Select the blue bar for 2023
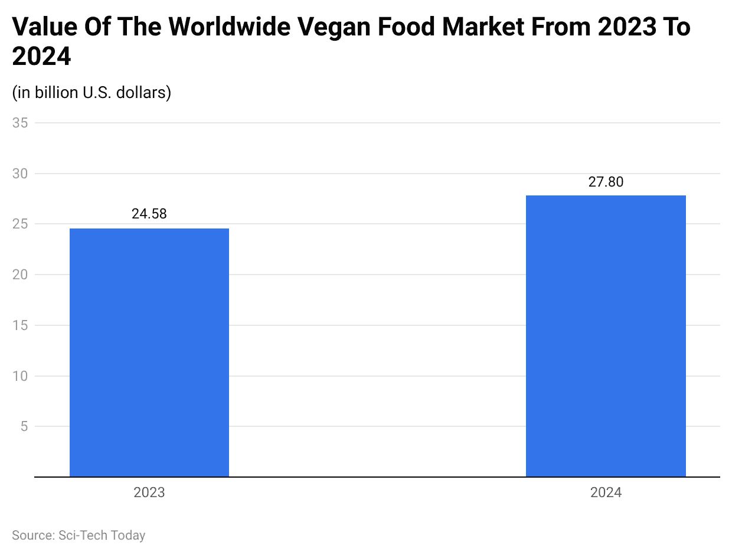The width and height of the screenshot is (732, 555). pyautogui.click(x=149, y=352)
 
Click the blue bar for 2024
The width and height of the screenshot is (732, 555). pyautogui.click(x=606, y=336)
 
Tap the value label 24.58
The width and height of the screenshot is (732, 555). pyautogui.click(x=149, y=214)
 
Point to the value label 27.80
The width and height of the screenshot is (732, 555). pyautogui.click(x=606, y=182)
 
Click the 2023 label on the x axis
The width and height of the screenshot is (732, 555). pyautogui.click(x=149, y=492)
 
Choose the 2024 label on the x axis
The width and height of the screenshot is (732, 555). pyautogui.click(x=606, y=492)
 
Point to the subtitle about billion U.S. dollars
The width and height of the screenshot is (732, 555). pyautogui.click(x=91, y=93)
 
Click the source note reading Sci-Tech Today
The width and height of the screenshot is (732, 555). pyautogui.click(x=79, y=536)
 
